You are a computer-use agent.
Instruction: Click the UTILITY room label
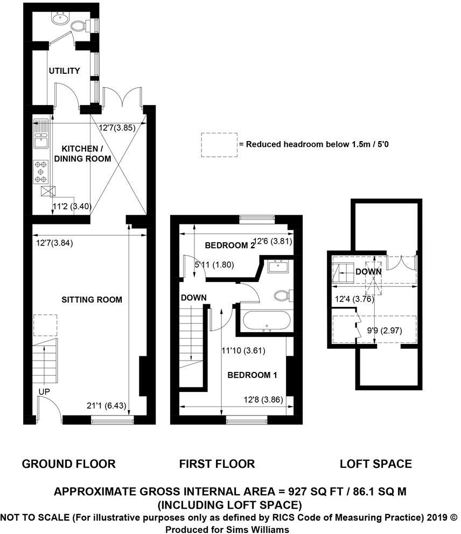[x=64, y=71]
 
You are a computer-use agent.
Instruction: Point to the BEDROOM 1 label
[x=252, y=375]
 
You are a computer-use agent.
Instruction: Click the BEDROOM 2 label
[x=230, y=245]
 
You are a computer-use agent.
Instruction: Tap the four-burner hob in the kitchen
[x=40, y=171]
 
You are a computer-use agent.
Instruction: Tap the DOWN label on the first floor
[x=193, y=298]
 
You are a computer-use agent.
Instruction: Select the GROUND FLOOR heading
[x=68, y=463]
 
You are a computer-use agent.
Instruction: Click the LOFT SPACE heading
[x=376, y=463]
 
